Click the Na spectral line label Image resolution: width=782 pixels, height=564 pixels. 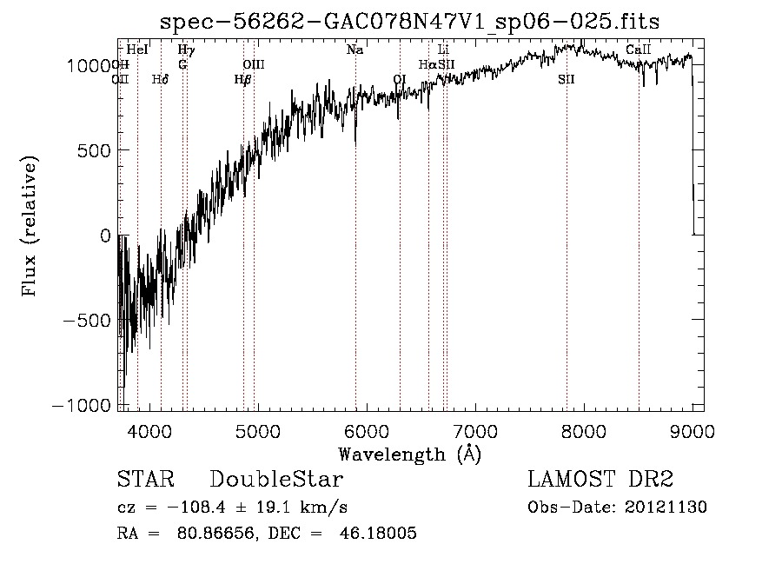(355, 50)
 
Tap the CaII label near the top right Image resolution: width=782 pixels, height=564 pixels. (639, 50)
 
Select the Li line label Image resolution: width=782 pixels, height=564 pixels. (443, 50)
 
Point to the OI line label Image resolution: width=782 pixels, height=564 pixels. (399, 79)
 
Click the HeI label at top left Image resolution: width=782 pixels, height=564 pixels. (137, 50)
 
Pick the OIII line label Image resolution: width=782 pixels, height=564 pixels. (253, 64)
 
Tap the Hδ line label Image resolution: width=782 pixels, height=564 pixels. (160, 79)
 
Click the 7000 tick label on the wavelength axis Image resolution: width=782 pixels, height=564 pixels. (475, 429)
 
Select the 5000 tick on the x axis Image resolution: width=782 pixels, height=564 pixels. (257, 429)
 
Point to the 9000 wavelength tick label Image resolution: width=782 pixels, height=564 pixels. (693, 429)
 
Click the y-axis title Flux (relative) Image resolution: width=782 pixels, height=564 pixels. (30, 228)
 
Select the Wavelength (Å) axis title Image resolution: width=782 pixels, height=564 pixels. (409, 453)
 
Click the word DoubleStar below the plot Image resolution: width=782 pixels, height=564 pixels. (276, 480)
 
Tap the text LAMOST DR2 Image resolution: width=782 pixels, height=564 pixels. (600, 480)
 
